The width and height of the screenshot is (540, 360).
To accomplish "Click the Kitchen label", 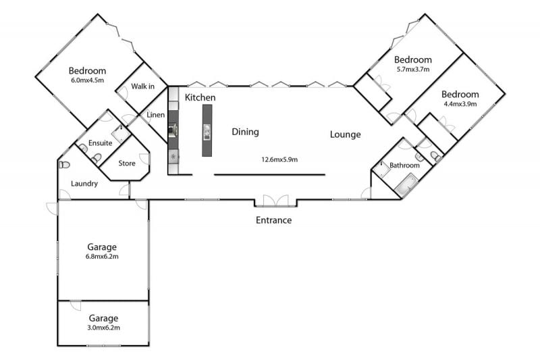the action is pyautogui.click(x=200, y=97).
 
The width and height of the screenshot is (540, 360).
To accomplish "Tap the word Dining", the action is pyautogui.click(x=245, y=132).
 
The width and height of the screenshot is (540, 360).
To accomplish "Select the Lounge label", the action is pyautogui.click(x=345, y=134).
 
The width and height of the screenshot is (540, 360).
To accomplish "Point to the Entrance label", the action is pyautogui.click(x=274, y=220).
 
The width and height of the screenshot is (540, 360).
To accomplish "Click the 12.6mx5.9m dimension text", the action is pyautogui.click(x=279, y=159).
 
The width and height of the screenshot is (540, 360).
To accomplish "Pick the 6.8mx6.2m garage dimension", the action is pyautogui.click(x=102, y=256).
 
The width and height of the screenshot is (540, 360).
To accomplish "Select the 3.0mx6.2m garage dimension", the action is pyautogui.click(x=104, y=328).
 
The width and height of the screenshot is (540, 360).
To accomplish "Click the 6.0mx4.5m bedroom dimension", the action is pyautogui.click(x=88, y=80).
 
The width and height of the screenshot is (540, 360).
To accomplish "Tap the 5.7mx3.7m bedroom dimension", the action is pyautogui.click(x=413, y=69).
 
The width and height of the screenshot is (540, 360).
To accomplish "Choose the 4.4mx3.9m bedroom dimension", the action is pyautogui.click(x=460, y=104).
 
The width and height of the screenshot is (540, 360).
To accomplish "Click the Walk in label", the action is pyautogui.click(x=142, y=86).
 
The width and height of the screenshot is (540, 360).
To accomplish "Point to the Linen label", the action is pyautogui.click(x=156, y=115).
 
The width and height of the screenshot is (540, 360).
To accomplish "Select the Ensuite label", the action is pyautogui.click(x=100, y=143).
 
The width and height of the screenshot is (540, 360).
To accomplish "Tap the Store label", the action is pyautogui.click(x=127, y=163).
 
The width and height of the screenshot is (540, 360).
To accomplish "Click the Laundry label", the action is pyautogui.click(x=84, y=184).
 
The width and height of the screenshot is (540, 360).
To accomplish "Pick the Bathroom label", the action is pyautogui.click(x=404, y=165).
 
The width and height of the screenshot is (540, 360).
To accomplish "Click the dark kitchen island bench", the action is pyautogui.click(x=207, y=130).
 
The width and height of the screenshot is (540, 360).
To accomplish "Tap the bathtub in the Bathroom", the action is pyautogui.click(x=406, y=186).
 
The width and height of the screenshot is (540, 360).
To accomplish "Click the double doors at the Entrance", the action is pyautogui.click(x=275, y=201).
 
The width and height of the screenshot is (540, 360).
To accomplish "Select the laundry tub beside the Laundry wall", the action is pyautogui.click(x=64, y=165).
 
